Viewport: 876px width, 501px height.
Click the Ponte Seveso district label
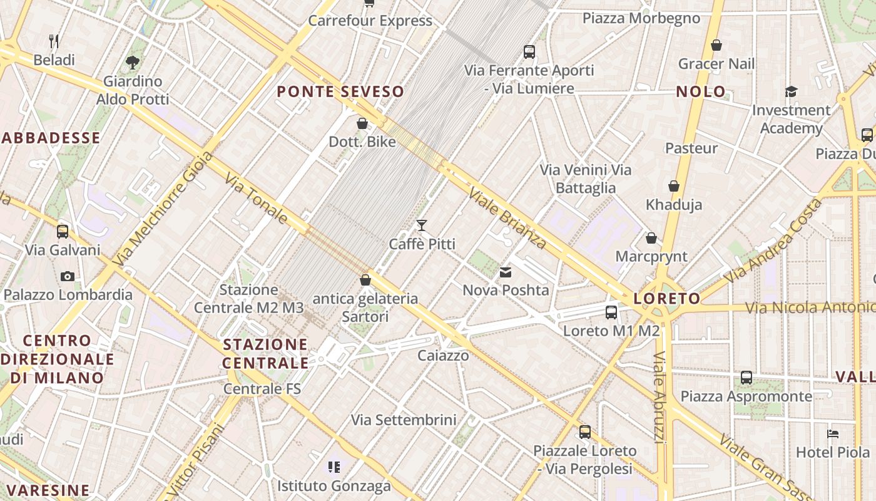(340, 91)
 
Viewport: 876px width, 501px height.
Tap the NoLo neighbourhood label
(701, 91)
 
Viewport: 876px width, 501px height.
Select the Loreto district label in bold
(666, 299)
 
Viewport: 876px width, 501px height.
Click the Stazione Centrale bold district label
(265, 354)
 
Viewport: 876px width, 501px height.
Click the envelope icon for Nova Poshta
(506, 272)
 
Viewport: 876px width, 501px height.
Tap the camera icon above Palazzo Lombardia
(68, 276)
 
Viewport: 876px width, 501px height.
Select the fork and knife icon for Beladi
(54, 42)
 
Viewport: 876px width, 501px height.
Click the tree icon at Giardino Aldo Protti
(132, 62)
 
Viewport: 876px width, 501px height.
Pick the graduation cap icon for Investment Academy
(791, 92)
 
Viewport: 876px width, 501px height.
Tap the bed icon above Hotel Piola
(832, 433)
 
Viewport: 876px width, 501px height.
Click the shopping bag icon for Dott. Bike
(362, 123)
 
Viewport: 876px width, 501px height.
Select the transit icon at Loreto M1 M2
(611, 312)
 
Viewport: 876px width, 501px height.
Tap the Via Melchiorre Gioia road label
(160, 216)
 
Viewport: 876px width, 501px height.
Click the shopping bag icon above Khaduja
(674, 186)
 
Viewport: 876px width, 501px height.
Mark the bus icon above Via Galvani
(63, 231)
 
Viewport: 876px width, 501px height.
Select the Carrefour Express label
(370, 21)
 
